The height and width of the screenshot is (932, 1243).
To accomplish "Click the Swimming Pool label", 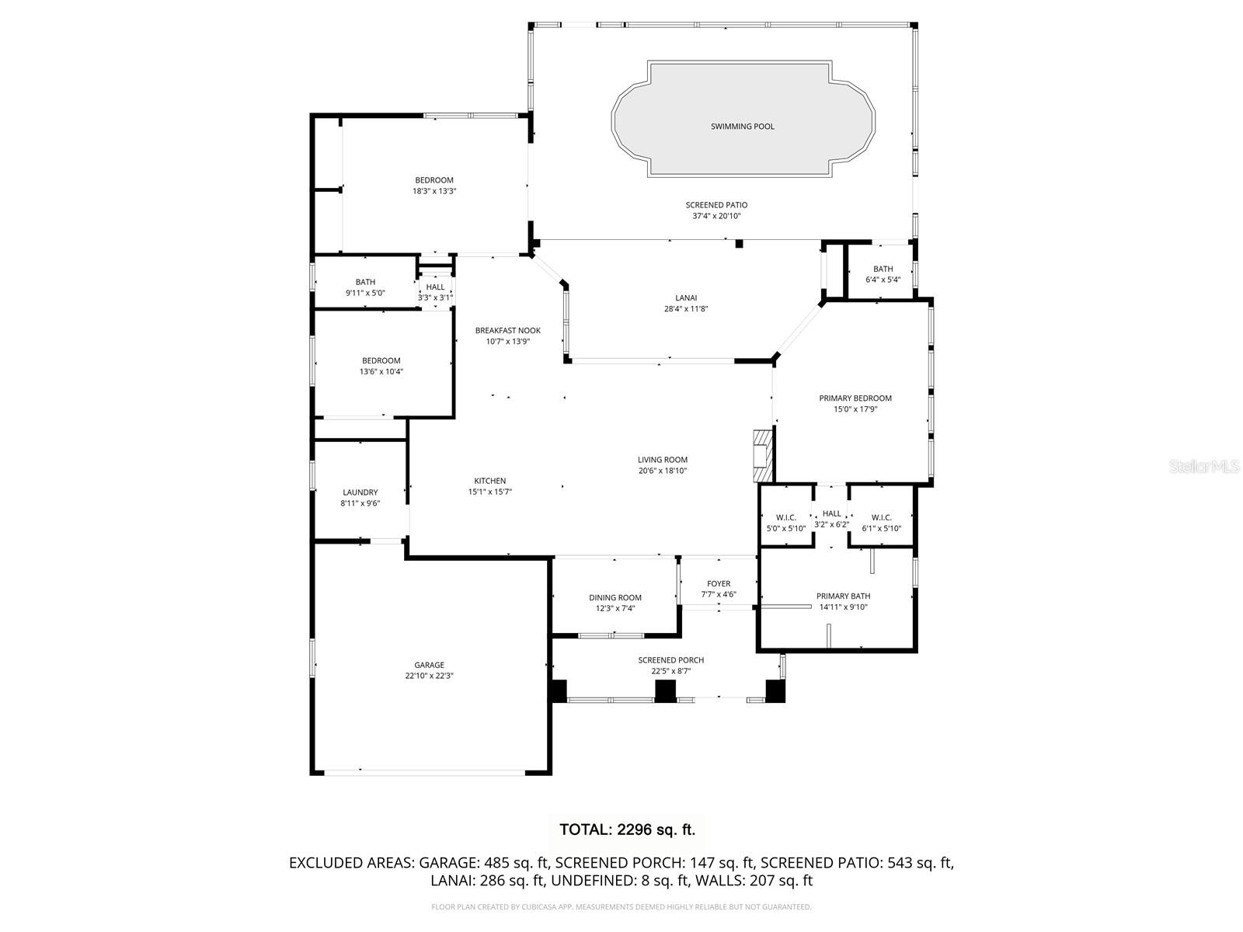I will [x=742, y=127].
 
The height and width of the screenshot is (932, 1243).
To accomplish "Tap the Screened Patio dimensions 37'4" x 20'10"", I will [x=716, y=216].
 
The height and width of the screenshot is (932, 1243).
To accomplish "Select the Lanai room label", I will [x=686, y=297].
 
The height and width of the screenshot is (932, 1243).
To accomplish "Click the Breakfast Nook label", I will [x=508, y=331].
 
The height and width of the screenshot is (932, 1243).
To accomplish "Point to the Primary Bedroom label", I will [x=855, y=398].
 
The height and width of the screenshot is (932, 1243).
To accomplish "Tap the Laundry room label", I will [x=360, y=492].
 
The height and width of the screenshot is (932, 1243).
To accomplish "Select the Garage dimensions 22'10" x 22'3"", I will [x=429, y=676].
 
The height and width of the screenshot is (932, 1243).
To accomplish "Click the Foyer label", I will [x=719, y=584].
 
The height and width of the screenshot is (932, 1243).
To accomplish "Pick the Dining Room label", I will [x=615, y=598].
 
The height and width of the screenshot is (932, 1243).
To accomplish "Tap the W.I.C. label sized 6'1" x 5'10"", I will [x=881, y=517].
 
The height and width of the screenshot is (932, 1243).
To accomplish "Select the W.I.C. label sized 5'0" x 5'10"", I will [x=785, y=517].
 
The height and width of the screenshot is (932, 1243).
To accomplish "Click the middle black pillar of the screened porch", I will [x=666, y=690].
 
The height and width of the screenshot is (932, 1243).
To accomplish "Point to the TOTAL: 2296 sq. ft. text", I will [x=627, y=829].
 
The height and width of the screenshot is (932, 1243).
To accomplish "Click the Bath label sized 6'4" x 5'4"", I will [x=883, y=270].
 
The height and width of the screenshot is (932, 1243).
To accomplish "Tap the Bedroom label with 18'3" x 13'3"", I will [x=433, y=180].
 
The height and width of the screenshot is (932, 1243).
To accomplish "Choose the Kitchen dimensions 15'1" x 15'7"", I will [x=489, y=492].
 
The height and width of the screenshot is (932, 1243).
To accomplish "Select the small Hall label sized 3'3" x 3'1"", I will [x=436, y=287].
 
